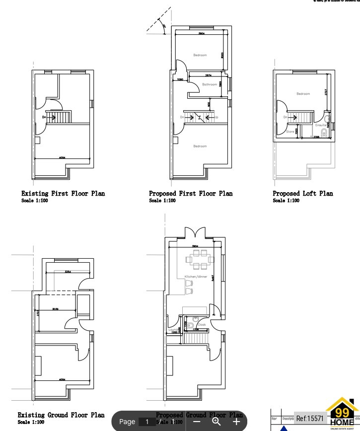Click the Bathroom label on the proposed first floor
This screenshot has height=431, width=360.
[210, 85]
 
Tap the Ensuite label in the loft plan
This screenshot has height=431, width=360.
[321, 125]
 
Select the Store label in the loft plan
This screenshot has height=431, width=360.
[290, 132]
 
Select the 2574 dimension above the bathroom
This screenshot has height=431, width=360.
[209, 75]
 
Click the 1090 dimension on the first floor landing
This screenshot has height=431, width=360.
[180, 79]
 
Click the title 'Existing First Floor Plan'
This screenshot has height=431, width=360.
[63, 193]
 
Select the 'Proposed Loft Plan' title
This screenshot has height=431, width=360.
[303, 193]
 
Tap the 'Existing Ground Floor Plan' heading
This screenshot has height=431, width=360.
[61, 415]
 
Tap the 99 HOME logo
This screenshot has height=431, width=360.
[342, 414]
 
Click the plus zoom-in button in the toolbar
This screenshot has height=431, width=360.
[236, 422]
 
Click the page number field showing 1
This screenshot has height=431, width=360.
[147, 422]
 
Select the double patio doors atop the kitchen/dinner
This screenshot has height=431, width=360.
[192, 233]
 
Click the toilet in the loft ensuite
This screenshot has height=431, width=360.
[324, 133]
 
